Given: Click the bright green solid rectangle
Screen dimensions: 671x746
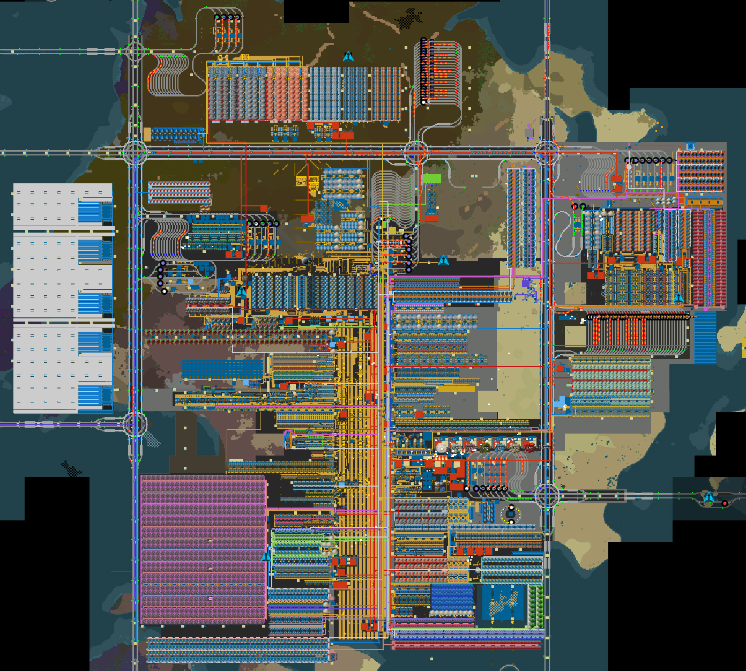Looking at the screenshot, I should pyautogui.click(x=431, y=178).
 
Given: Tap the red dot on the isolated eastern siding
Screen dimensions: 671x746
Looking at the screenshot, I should pyautogui.click(x=725, y=503).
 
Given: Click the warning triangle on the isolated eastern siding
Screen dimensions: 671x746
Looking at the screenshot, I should pyautogui.click(x=708, y=497).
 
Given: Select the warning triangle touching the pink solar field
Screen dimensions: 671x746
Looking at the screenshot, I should pyautogui.click(x=266, y=557).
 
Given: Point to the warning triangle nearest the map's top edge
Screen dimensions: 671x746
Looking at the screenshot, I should pyautogui.click(x=348, y=56).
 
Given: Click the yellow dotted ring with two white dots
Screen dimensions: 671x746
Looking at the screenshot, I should pyautogui.click(x=511, y=515).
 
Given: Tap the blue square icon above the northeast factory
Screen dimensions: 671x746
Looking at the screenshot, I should pyautogui.click(x=690, y=146).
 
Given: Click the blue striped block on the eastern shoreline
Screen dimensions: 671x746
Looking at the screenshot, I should pyautogui.click(x=705, y=338).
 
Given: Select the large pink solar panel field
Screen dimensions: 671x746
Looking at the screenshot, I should pyautogui.click(x=203, y=549).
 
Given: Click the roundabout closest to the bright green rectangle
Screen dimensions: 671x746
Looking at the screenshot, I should pyautogui.click(x=415, y=153).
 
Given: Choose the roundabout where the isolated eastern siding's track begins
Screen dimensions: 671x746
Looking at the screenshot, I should pyautogui.click(x=547, y=495).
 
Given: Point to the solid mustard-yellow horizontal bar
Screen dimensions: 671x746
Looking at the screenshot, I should pyautogui.click(x=456, y=389).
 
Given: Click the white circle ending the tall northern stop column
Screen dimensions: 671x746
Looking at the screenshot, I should pyautogui.click(x=423, y=101).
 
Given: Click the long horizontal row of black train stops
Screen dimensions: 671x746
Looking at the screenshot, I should pyautogui.click(x=638, y=317).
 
